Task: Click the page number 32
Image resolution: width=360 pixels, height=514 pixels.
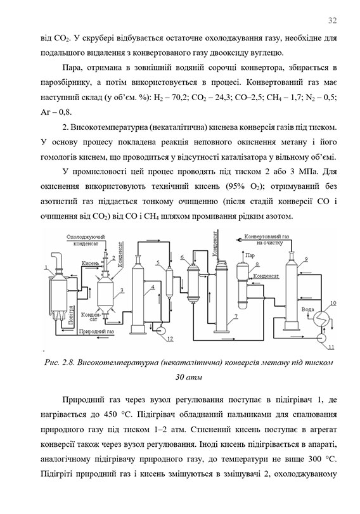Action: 331,20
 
